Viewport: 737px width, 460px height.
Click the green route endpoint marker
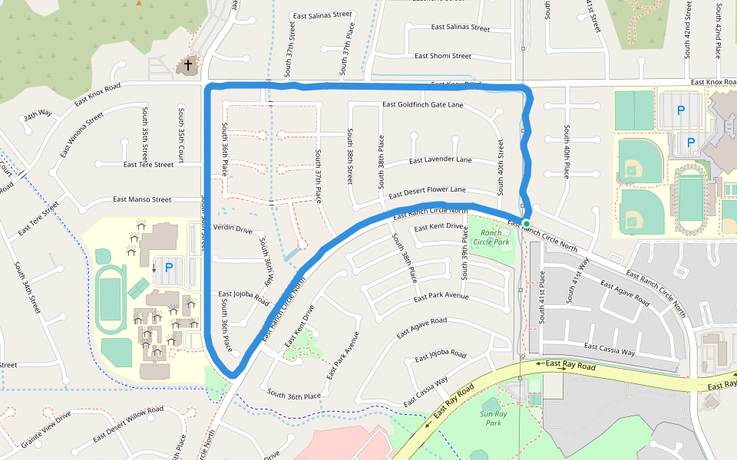tap(527, 223)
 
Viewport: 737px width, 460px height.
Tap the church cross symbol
tap(187, 67)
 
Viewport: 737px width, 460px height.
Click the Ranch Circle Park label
tap(490, 237)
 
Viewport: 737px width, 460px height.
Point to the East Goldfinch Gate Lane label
tap(422, 104)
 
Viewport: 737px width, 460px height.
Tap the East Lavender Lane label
tap(440, 160)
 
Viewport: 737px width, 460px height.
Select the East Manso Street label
tap(142, 199)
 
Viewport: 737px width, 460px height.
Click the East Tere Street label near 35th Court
tap(148, 165)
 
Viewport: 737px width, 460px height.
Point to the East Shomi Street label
tap(443, 56)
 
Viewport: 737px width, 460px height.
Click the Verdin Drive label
tap(233, 228)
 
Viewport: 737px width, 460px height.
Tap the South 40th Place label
tap(567, 151)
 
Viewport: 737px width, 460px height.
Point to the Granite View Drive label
tap(46, 429)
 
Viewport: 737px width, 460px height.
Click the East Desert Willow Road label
tap(128, 425)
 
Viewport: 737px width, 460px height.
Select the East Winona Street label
tap(81, 134)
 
